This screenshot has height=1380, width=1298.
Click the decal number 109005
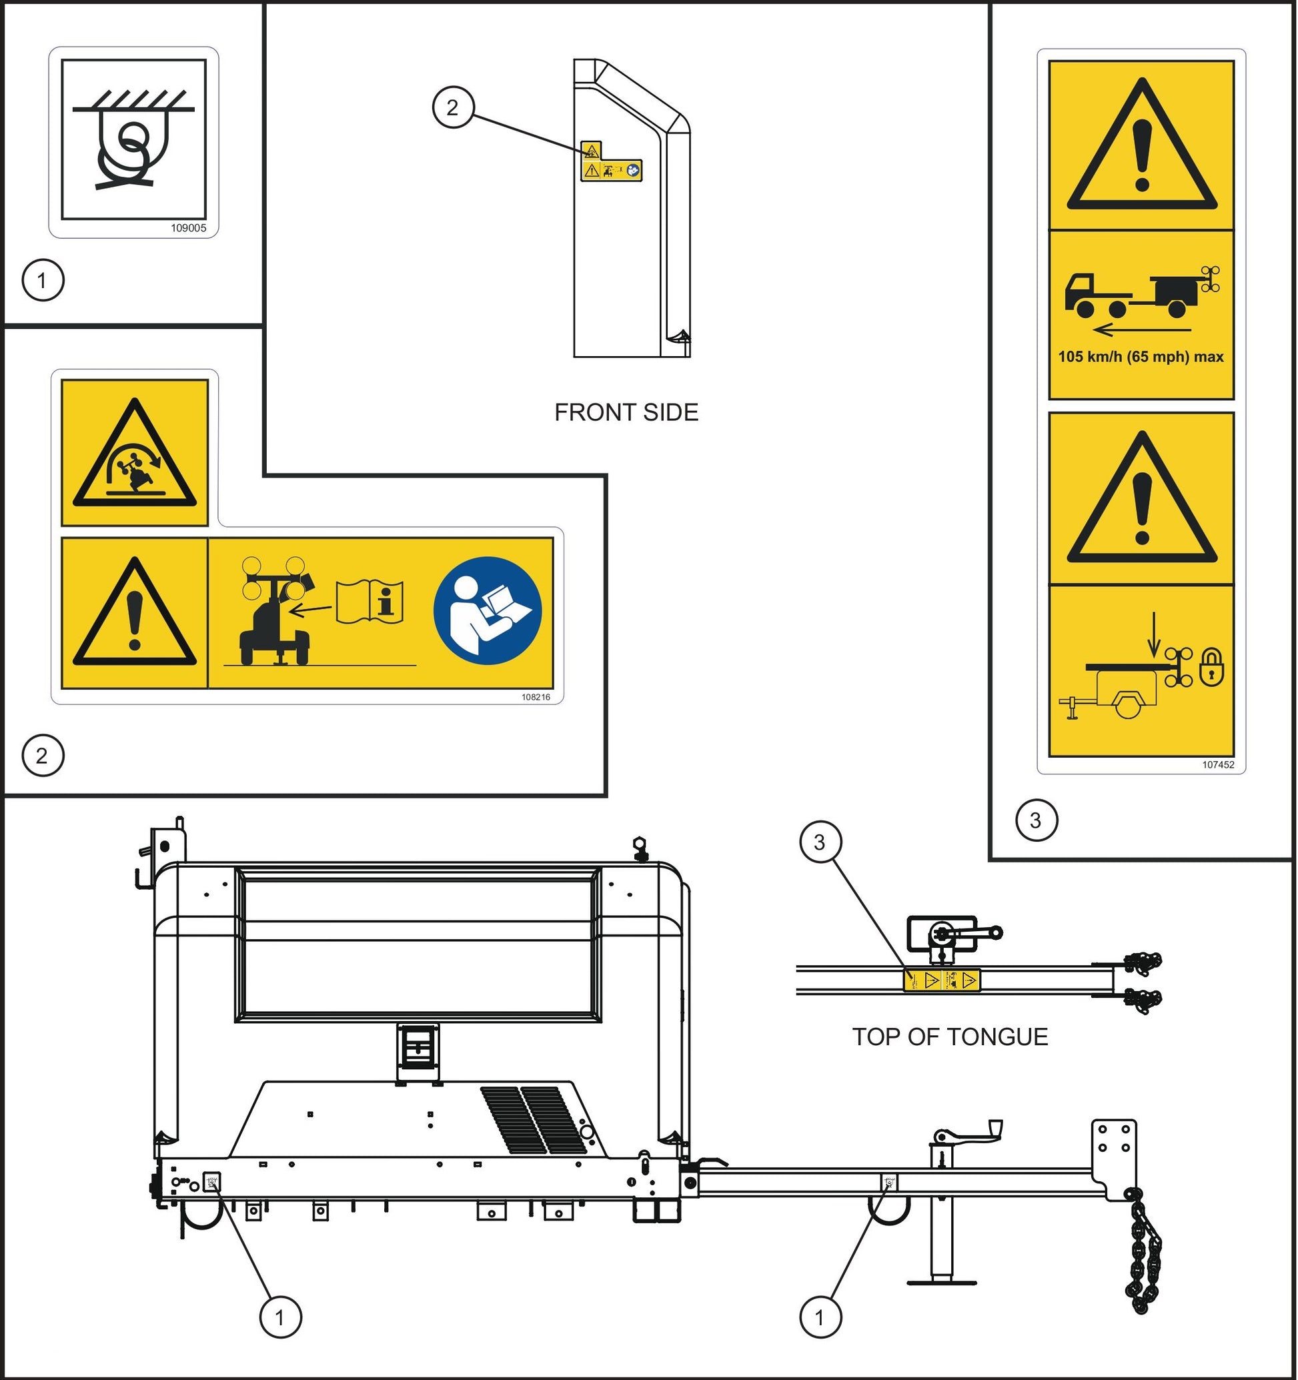[x=189, y=227]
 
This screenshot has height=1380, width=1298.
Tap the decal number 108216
[x=536, y=697]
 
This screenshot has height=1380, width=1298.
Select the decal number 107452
[x=1218, y=764]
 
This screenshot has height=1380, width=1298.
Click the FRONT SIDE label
[x=626, y=412]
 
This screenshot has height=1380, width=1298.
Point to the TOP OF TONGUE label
[x=950, y=1037]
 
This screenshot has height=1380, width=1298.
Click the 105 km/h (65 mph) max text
[x=1141, y=357]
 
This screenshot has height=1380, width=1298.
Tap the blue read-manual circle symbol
[x=488, y=610]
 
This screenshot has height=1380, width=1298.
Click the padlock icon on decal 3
[x=1212, y=667]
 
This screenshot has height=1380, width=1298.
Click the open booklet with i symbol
[x=370, y=601]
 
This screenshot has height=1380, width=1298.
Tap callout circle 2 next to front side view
[x=452, y=107]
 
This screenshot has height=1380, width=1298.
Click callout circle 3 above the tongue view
[x=820, y=842]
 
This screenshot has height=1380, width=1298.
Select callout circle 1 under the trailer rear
[x=280, y=1317]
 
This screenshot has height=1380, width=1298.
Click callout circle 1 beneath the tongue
[x=820, y=1317]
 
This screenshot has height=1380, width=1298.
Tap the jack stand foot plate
[x=942, y=1282]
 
